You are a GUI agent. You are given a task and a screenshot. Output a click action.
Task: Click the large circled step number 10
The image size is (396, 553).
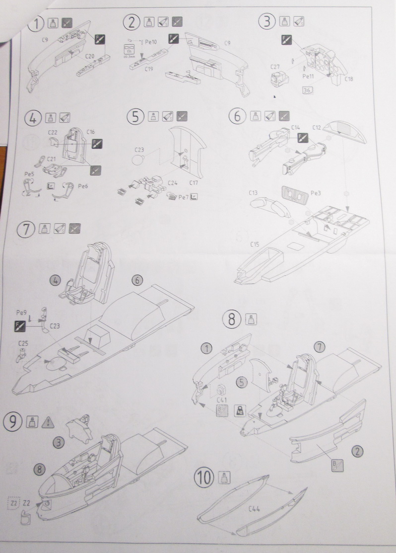coord(205,478)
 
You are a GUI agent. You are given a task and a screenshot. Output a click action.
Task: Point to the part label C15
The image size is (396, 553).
coord(255,244)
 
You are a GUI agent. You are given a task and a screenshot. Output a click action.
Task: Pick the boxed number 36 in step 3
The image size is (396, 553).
coord(307,90)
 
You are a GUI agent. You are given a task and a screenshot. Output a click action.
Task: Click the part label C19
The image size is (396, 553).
coord(148,69)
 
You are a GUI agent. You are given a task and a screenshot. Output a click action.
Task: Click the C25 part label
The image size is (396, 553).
coord(23,343)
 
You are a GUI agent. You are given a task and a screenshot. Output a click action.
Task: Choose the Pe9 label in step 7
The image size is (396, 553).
coord(21,313)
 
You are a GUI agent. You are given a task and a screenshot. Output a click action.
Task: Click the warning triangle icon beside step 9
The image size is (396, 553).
coord(48,422)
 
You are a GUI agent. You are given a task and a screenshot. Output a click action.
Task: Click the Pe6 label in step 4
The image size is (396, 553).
coord(83,186)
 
